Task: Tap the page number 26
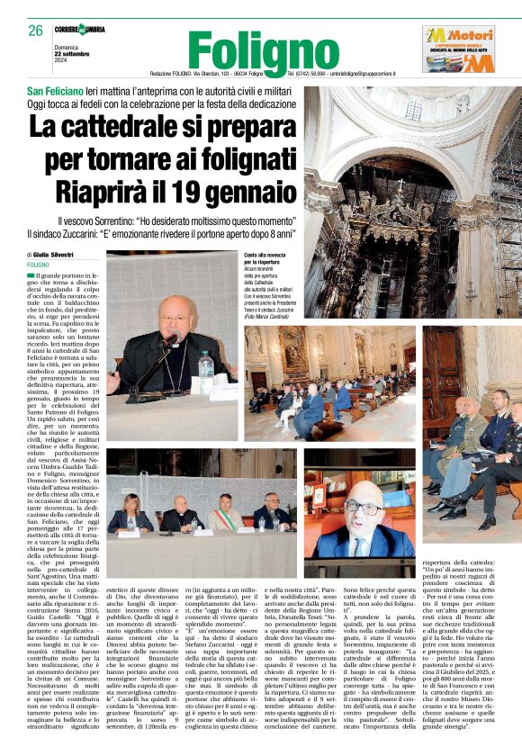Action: [x=35, y=31]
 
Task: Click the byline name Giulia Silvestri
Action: [x=63, y=256]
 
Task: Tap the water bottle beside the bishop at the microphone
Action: [x=206, y=364]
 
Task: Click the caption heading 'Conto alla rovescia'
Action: [x=268, y=256]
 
